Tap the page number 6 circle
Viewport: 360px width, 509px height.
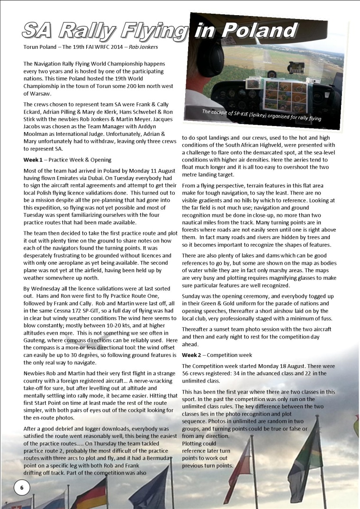coord(22,487)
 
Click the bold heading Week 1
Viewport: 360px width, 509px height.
coord(33,160)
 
